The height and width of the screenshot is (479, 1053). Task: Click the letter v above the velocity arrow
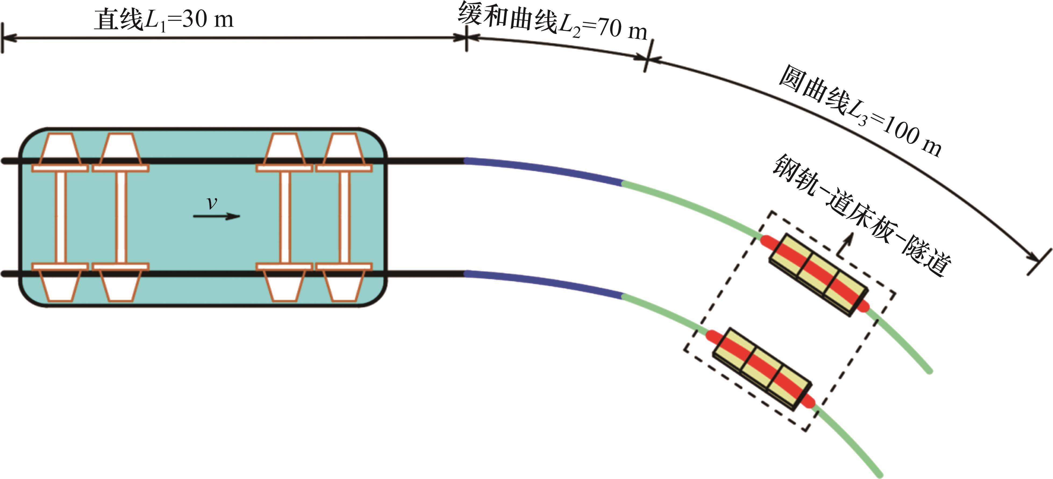(212, 203)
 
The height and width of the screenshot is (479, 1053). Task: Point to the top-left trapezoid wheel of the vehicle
(59, 148)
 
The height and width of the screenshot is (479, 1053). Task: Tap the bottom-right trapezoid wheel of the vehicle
(344, 286)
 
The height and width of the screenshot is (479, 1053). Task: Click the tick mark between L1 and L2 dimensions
(467, 38)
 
